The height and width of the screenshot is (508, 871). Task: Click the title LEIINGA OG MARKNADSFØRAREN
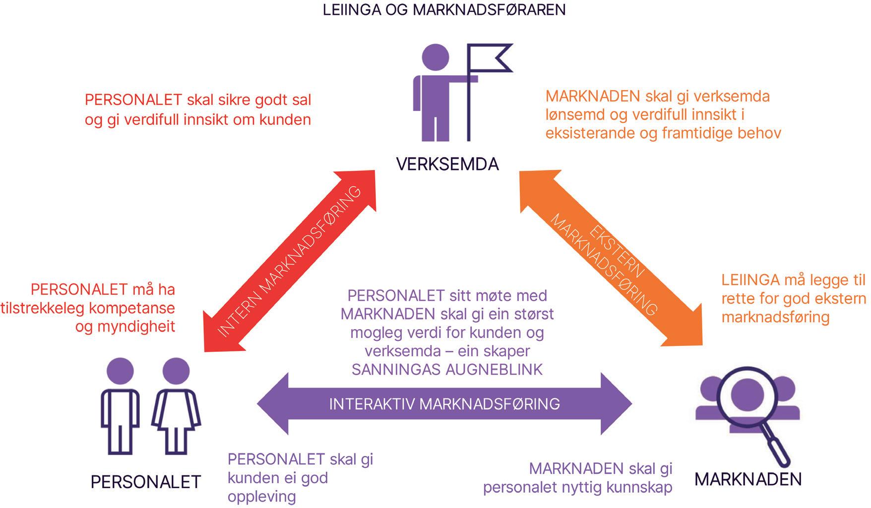click(x=444, y=10)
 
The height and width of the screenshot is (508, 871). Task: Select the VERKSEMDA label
click(x=447, y=164)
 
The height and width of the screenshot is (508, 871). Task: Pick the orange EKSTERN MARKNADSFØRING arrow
click(x=610, y=258)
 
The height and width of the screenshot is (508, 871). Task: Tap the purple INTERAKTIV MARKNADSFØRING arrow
click(x=444, y=404)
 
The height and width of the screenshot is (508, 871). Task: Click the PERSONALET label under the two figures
click(x=145, y=482)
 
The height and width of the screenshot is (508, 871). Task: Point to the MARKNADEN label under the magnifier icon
click(x=748, y=479)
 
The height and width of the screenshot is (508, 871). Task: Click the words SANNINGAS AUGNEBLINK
click(x=446, y=370)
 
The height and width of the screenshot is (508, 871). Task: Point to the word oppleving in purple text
click(x=261, y=497)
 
